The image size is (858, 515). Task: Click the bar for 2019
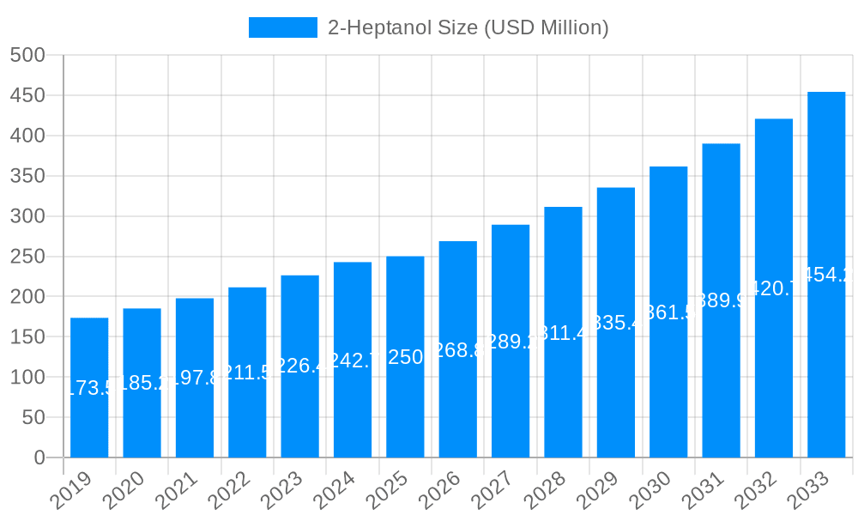click(x=89, y=388)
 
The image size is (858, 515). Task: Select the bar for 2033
click(x=826, y=275)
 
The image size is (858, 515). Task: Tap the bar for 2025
click(x=405, y=357)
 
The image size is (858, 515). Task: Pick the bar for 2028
click(x=563, y=332)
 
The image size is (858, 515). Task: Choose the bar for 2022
click(x=247, y=373)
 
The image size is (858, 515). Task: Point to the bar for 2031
click(x=721, y=300)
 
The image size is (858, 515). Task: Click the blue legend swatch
click(x=282, y=27)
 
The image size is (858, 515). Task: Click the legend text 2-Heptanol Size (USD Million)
click(x=468, y=27)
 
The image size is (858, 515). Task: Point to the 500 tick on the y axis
click(x=27, y=55)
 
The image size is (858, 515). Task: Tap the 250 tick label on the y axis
click(x=27, y=257)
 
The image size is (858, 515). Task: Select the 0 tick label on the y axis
click(x=39, y=457)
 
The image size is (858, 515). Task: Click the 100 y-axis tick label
click(x=27, y=377)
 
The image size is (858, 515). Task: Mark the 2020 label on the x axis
click(x=124, y=490)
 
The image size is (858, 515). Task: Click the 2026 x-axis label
click(x=439, y=490)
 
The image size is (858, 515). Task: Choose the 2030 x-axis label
click(x=650, y=490)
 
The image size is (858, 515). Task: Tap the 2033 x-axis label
click(x=807, y=490)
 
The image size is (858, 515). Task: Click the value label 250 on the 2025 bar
click(x=405, y=357)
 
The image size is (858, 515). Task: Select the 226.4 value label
click(x=299, y=366)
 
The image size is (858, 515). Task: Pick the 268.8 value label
click(x=457, y=349)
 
